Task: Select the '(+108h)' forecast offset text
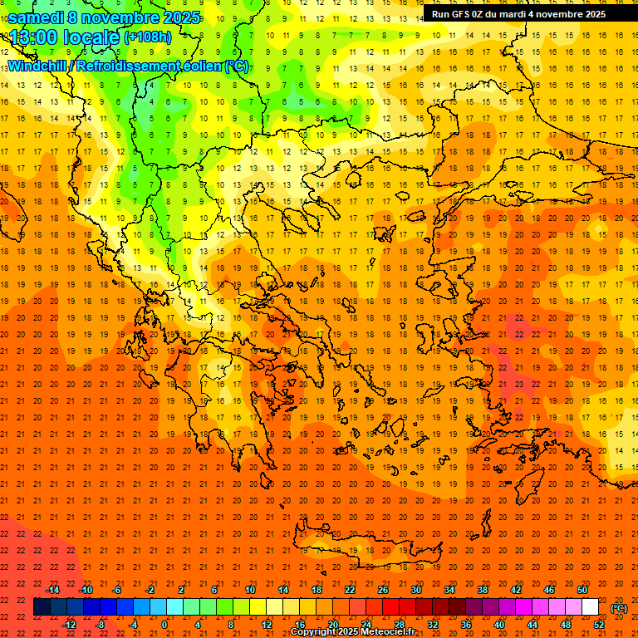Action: point(148,37)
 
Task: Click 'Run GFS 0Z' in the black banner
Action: point(459,14)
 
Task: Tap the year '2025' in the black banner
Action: point(589,14)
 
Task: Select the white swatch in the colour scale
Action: point(590,607)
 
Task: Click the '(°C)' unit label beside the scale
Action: point(619,608)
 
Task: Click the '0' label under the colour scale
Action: point(164,625)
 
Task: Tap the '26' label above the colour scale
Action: point(383,590)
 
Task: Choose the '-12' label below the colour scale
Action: point(69,625)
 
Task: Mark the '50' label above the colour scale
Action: point(582,590)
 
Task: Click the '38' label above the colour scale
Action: point(483,590)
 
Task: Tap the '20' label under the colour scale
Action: point(333,625)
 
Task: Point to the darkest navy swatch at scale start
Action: point(42,607)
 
